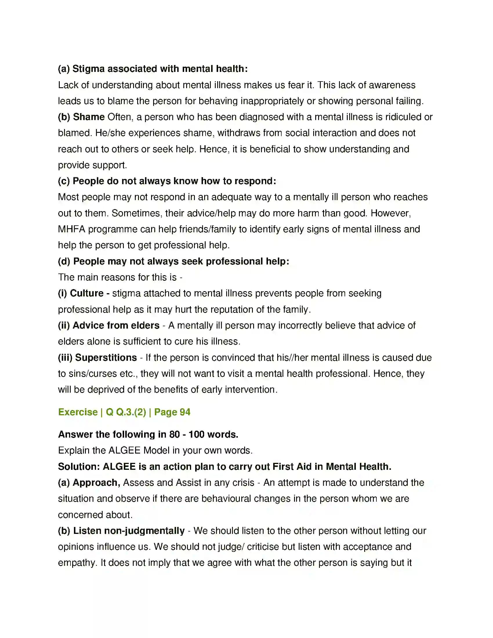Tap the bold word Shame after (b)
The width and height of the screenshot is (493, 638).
(89, 117)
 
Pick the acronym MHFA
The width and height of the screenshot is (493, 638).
(72, 229)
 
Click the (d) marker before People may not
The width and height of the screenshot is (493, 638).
(64, 261)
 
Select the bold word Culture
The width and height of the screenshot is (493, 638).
(87, 293)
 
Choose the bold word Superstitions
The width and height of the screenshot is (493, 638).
(106, 357)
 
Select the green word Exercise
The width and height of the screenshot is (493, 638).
(78, 412)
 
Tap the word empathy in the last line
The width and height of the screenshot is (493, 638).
(77, 563)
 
